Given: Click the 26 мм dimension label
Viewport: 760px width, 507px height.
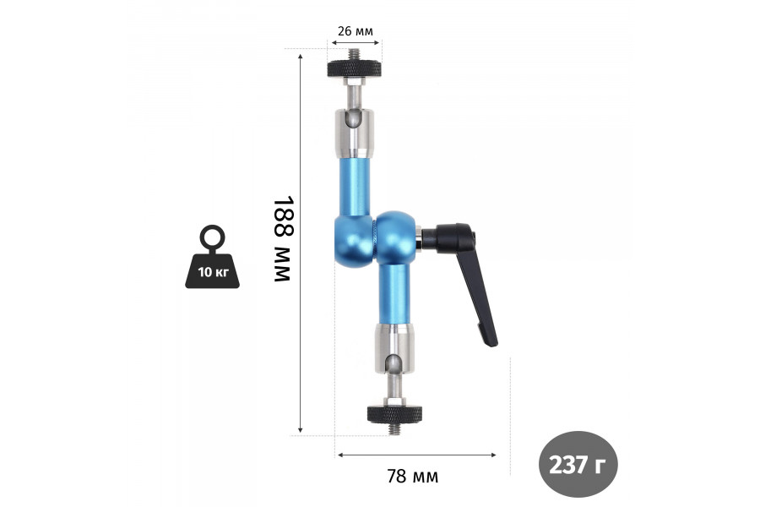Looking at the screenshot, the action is pos(356,31).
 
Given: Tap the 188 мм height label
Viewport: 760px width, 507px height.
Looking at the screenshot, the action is pos(284,238).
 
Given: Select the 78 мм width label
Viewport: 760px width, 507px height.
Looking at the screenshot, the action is pos(412,477).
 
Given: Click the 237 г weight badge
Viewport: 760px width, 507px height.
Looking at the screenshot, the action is pos(578,464).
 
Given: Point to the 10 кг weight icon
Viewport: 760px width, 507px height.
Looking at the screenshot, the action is pos(212,257).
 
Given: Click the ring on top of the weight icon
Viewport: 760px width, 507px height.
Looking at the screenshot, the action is pos(212,237).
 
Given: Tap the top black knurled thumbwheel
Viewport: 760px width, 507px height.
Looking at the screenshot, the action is pos(355,68).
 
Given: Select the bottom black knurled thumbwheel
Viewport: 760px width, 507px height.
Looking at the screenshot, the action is pos(394,414).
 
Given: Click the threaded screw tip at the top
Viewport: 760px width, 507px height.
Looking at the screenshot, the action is pos(355,53).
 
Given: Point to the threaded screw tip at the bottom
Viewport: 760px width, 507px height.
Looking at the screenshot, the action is pos(395,429).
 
